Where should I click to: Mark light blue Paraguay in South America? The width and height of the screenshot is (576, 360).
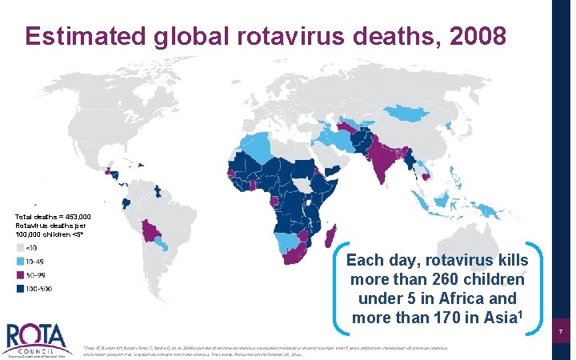point(162,242)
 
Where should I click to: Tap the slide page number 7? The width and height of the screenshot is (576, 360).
point(562,331)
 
